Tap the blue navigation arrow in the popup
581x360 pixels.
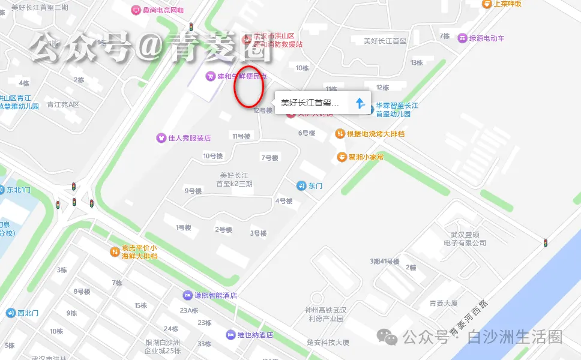pyautogui.click(x=360, y=103)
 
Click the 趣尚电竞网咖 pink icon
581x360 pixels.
pyautogui.click(x=136, y=10)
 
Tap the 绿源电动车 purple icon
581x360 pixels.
pyautogui.click(x=462, y=38)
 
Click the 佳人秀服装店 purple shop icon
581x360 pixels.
pyautogui.click(x=161, y=137)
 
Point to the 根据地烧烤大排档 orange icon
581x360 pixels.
pyautogui.click(x=340, y=133)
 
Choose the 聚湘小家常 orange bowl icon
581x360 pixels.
pyautogui.click(x=342, y=157)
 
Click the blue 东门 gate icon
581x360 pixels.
pyautogui.click(x=301, y=185)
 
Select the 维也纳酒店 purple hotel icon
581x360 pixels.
pyautogui.click(x=230, y=334)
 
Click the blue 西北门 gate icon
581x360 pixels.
pyautogui.click(x=11, y=313)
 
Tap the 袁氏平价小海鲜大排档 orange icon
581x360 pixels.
pyautogui.click(x=115, y=251)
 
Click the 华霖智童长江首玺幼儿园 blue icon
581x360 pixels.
pyautogui.click(x=370, y=109)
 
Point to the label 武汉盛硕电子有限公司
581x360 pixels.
pyautogui.click(x=465, y=239)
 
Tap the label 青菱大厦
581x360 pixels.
pyautogui.click(x=443, y=303)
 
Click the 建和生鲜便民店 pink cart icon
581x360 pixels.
pyautogui.click(x=210, y=76)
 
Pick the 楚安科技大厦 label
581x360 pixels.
pyautogui.click(x=328, y=342)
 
